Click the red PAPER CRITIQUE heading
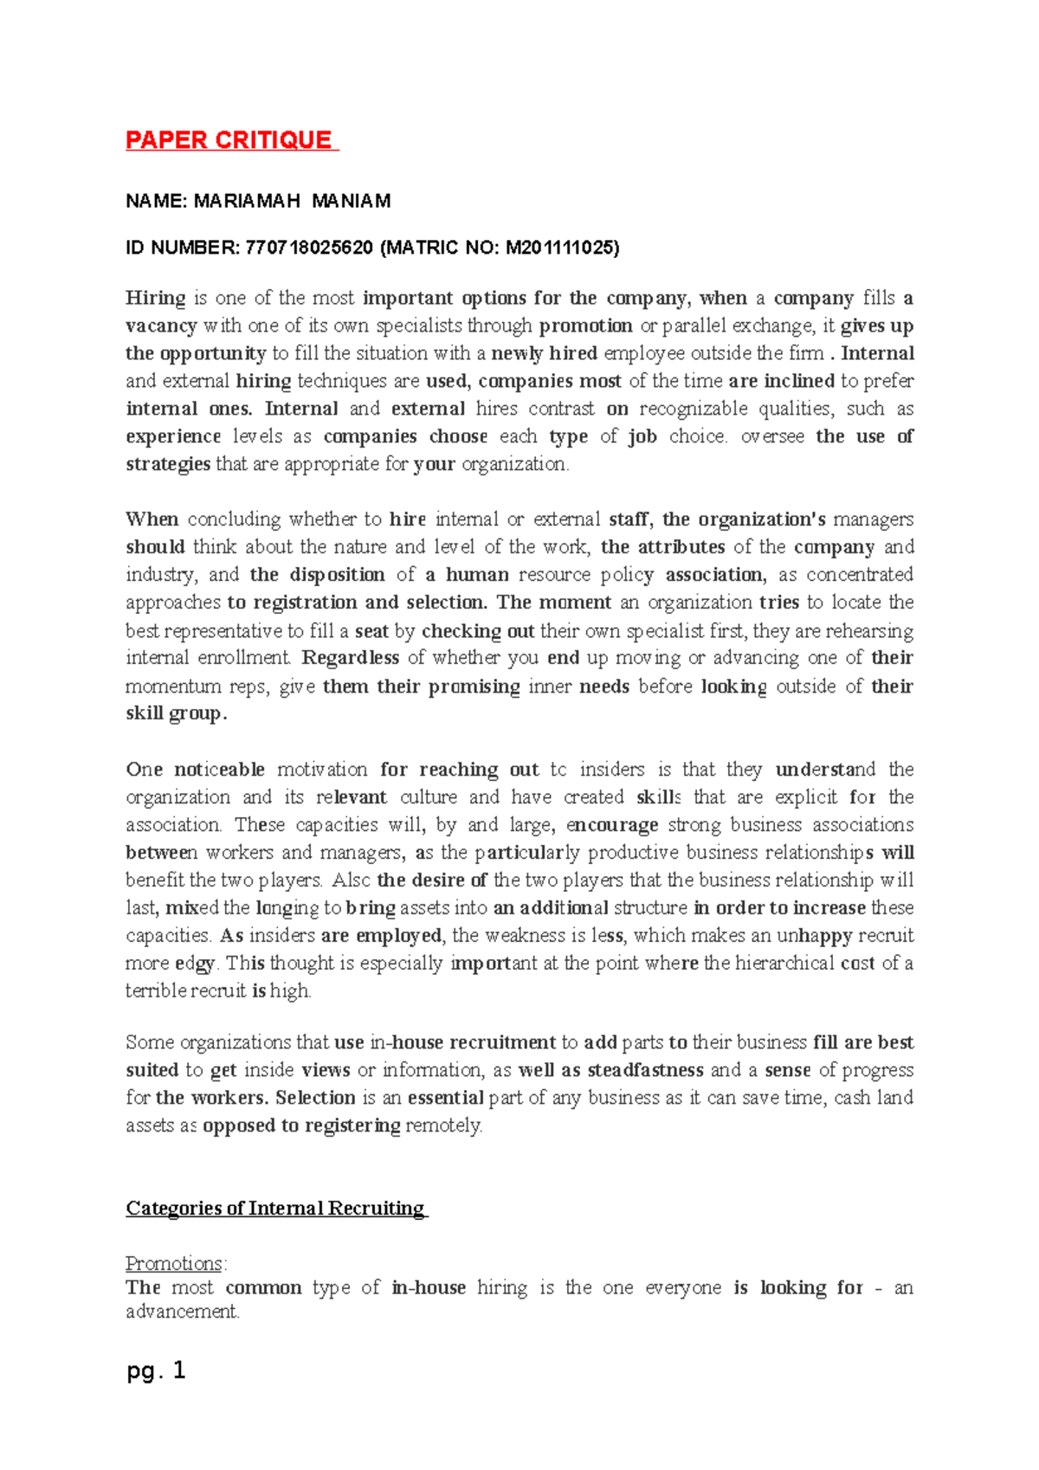coord(229,140)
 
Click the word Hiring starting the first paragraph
coord(156,298)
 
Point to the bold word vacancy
coord(161,326)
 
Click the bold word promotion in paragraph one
coord(585,326)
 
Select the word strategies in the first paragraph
coord(168,464)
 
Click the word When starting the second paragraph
coord(152,519)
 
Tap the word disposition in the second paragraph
coord(337,575)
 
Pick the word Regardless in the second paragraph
coord(350,658)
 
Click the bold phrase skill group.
coord(176,713)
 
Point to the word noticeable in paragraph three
coord(219,770)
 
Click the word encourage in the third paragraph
coord(611,825)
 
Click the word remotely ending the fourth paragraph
coord(443,1125)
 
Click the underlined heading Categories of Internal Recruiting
coord(275,1208)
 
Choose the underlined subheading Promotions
coord(174,1263)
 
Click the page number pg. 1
coord(156,1370)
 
